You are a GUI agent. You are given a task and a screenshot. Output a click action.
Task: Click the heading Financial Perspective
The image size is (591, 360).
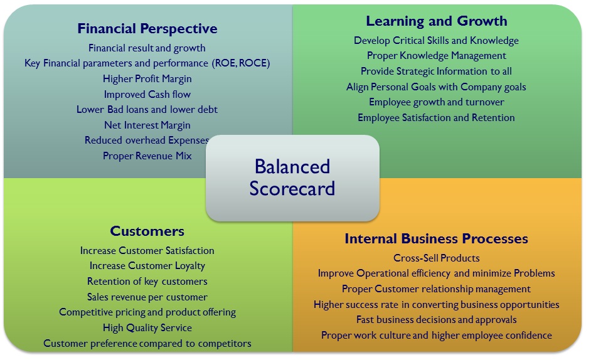147,29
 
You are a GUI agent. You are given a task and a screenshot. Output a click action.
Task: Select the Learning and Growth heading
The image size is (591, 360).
437,21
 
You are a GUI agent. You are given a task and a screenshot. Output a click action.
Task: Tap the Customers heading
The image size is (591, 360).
147,231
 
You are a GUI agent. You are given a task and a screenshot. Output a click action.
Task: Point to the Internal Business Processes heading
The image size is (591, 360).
436,238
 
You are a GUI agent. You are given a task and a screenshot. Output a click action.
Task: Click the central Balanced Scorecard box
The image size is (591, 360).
292,177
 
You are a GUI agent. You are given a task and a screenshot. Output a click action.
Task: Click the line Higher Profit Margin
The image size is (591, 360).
147,78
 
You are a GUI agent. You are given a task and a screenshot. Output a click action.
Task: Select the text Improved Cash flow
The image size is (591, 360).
147,94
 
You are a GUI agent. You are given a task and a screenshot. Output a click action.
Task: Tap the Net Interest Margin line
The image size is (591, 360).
147,125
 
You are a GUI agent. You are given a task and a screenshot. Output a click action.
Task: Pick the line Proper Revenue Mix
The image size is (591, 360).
147,156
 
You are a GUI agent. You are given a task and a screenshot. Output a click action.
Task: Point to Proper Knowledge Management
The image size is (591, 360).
437,56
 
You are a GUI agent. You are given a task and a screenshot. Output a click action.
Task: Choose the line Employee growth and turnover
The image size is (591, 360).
437,102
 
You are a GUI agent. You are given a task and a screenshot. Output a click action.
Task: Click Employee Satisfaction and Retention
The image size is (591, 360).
437,117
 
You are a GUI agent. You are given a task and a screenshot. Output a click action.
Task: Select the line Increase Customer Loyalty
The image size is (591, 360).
147,266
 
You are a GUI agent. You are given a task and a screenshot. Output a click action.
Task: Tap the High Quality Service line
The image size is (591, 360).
147,327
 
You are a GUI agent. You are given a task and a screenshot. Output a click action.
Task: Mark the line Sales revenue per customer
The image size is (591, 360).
147,297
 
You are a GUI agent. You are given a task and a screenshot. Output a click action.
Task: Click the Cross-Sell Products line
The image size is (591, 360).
437,258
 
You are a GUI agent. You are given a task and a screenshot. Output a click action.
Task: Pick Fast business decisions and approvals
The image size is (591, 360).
437,320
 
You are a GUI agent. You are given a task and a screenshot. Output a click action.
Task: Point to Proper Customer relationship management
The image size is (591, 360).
437,289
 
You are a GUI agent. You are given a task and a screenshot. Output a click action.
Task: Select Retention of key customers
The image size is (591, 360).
147,281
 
